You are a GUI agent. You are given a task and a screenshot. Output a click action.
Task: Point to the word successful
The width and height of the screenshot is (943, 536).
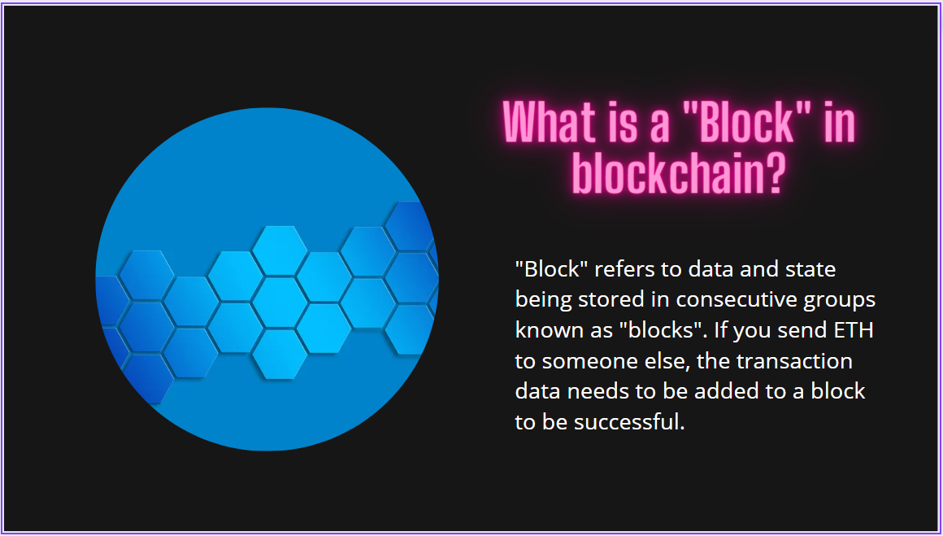click(628, 422)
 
